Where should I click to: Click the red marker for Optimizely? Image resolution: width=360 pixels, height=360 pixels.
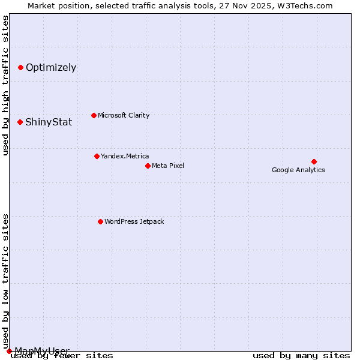[20, 67]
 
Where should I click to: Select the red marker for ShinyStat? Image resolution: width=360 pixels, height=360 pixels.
[20, 122]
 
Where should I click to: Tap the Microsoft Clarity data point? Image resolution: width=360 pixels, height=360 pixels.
[94, 115]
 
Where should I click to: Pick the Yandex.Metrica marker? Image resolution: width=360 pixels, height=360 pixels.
[97, 156]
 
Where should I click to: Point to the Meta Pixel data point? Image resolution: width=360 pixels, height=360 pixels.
[148, 166]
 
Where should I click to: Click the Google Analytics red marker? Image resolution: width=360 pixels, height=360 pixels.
[314, 161]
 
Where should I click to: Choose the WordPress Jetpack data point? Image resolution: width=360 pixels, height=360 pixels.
[100, 221]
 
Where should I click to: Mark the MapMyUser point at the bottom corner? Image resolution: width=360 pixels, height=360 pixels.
[9, 351]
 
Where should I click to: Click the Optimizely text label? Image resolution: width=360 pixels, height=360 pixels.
[51, 68]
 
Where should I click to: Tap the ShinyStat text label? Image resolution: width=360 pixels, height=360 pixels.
[49, 122]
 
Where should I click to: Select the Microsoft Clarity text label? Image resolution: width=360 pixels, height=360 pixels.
[124, 115]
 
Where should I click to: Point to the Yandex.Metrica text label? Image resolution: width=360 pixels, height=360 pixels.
[125, 156]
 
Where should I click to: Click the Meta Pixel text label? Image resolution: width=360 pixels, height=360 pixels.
[168, 166]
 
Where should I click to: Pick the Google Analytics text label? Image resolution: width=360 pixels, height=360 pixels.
[298, 170]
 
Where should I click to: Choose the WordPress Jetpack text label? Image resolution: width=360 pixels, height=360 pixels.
[134, 221]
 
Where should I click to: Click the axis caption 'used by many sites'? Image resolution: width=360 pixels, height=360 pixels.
[301, 356]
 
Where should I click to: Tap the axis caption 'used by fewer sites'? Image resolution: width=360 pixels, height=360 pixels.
[62, 356]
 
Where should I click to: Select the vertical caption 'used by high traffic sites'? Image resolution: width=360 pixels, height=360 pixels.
[5, 85]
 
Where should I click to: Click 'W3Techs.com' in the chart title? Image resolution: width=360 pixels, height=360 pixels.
[307, 5]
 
